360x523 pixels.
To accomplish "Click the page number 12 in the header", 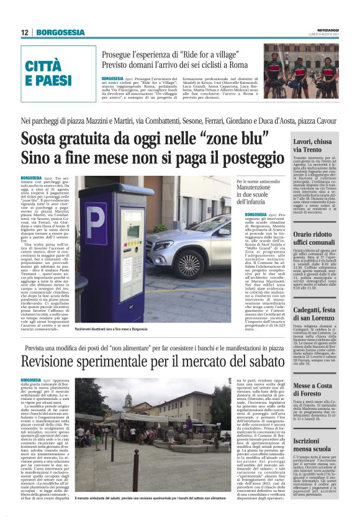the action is [25, 32].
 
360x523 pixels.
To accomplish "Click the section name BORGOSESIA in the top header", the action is [60, 32].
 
